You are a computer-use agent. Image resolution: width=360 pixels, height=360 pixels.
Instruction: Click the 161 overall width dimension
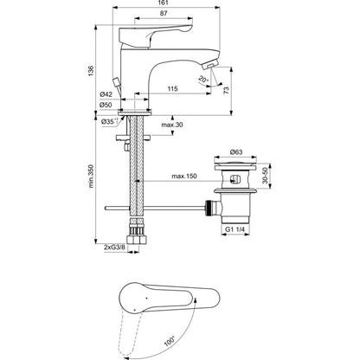164,3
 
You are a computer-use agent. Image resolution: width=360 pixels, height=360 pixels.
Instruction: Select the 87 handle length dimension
164,13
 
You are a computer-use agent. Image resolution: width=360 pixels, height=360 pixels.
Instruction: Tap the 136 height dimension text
91,71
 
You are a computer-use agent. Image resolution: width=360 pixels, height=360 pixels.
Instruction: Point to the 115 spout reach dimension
172,88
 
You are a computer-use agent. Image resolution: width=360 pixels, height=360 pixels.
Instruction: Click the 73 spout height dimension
227,90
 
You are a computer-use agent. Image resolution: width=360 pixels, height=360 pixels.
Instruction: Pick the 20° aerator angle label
203,80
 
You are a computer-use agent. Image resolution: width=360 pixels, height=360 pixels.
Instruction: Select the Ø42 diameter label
106,94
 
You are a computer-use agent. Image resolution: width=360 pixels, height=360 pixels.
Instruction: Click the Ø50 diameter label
106,105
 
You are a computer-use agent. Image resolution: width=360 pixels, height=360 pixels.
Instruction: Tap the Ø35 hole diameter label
109,122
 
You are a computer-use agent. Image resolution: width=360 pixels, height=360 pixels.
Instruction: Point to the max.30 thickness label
172,125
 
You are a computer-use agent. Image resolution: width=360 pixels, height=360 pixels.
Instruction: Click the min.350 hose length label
91,177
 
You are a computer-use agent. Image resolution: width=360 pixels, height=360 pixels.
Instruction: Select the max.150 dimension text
184,176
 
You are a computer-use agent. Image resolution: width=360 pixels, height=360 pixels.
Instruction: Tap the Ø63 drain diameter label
236,152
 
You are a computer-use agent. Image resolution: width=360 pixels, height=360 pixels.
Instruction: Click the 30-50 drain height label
266,176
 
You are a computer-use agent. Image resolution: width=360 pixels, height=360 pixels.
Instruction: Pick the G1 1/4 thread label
235,229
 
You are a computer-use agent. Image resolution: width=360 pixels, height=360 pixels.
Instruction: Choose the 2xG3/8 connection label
115,247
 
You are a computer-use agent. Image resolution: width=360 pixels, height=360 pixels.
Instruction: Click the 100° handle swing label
170,341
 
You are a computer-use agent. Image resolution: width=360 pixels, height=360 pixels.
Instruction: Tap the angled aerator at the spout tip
210,63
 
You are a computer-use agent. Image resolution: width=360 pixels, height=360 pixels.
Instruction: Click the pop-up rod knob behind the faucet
116,81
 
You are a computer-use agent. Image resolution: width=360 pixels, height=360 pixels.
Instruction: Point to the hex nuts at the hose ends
138,240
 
